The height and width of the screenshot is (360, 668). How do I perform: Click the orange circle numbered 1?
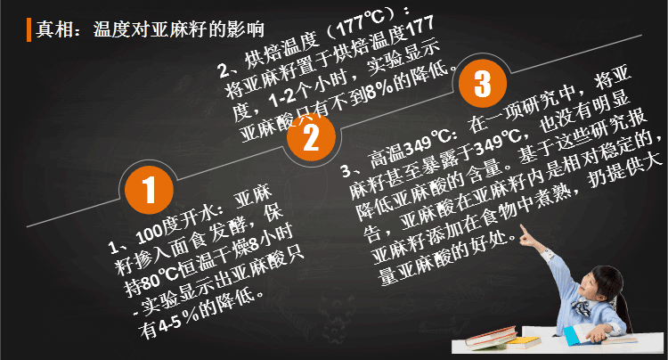tap(149, 190)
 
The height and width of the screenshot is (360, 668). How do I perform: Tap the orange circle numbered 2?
tap(311, 136)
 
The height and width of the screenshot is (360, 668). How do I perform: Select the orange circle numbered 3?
tap(482, 83)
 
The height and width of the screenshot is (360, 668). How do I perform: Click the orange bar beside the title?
tap(29, 29)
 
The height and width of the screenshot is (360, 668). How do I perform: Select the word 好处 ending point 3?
tap(490, 244)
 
